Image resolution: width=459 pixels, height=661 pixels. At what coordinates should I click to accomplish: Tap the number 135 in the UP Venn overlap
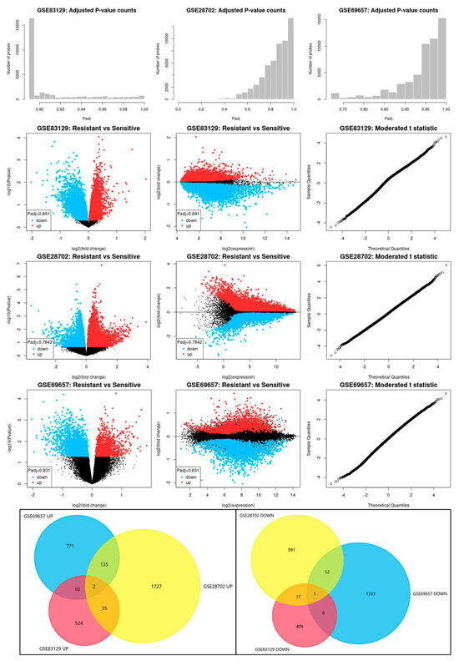(x=104, y=563)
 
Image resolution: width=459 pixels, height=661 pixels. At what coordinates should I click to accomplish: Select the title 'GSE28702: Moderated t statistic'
(x=381, y=258)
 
